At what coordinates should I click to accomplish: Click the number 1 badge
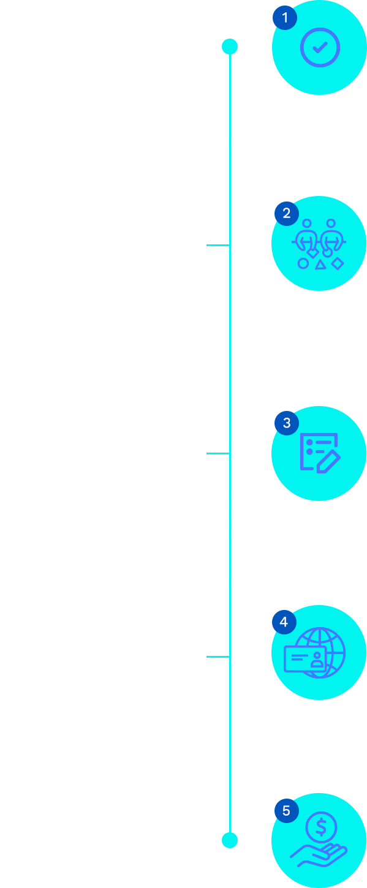click(285, 18)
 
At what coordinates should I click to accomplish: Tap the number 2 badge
click(287, 214)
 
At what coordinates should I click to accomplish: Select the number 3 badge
click(287, 423)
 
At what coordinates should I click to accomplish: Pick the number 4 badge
click(284, 622)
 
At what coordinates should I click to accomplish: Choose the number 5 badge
click(287, 811)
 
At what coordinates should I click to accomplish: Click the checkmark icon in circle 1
click(320, 48)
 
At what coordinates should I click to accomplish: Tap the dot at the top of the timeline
click(230, 47)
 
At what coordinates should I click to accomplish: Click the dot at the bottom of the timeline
click(230, 840)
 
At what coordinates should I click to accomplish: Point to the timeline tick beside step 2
click(218, 246)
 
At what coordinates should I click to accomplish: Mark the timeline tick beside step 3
click(218, 453)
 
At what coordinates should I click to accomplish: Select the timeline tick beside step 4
click(218, 657)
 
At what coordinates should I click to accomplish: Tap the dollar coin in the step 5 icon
click(321, 827)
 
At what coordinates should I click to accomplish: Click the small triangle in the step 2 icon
click(320, 265)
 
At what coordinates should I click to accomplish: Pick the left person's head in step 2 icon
click(307, 224)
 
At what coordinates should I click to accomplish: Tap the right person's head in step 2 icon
click(331, 224)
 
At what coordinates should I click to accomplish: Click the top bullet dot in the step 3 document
click(309, 442)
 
